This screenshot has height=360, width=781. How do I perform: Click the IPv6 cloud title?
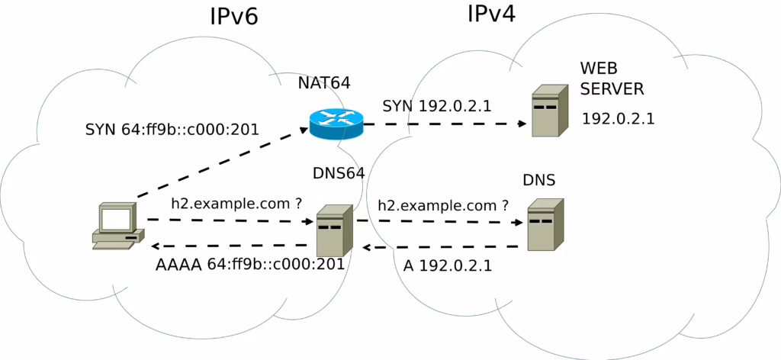click(x=233, y=17)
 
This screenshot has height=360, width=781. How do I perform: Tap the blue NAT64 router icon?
click(x=336, y=124)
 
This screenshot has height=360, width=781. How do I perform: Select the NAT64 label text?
click(x=324, y=82)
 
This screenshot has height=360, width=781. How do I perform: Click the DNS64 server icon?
click(x=336, y=230)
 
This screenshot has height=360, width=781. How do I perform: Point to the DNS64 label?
click(x=339, y=173)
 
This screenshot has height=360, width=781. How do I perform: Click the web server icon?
click(x=550, y=111)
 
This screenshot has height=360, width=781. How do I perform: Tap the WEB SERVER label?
click(x=612, y=79)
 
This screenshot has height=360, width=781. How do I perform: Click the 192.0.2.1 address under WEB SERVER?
click(x=618, y=119)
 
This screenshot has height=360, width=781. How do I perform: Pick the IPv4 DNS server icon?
click(x=546, y=224)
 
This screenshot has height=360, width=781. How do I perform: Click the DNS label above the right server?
click(x=539, y=180)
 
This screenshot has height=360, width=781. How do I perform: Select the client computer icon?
click(x=118, y=226)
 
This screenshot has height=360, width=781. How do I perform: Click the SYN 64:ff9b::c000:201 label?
click(x=172, y=130)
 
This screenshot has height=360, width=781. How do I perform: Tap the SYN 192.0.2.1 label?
click(x=437, y=106)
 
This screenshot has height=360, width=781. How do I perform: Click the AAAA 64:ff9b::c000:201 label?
click(x=250, y=264)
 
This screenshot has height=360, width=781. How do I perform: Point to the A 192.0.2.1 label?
click(x=447, y=265)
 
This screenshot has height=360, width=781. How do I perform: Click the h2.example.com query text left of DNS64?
click(x=236, y=204)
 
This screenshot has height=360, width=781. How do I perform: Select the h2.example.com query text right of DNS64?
click(x=443, y=206)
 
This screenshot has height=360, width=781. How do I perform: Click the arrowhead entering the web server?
click(x=522, y=124)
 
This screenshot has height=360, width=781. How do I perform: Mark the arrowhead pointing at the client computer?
click(x=156, y=246)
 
